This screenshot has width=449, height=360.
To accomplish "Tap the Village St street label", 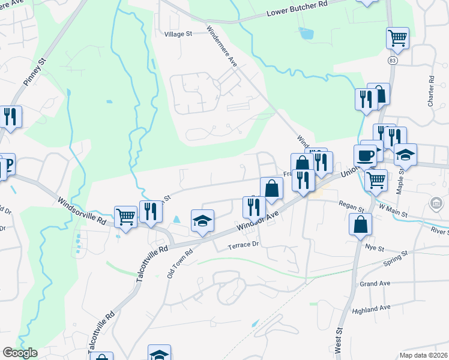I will click(178, 34).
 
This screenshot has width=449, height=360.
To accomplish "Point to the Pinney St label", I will click(34, 70).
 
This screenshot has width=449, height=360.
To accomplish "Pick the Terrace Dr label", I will click(243, 245).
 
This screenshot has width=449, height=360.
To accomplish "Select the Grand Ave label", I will click(375, 283).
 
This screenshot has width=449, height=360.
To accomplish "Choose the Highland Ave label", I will click(372, 309).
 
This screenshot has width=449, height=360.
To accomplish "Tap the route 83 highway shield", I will click(393, 61).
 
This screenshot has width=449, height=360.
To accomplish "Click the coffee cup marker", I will click(365, 155).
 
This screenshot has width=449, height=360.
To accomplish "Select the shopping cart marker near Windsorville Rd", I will click(125, 217).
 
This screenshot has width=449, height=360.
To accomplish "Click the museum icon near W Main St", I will click(436, 205).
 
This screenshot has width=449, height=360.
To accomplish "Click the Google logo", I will click(19, 353).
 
